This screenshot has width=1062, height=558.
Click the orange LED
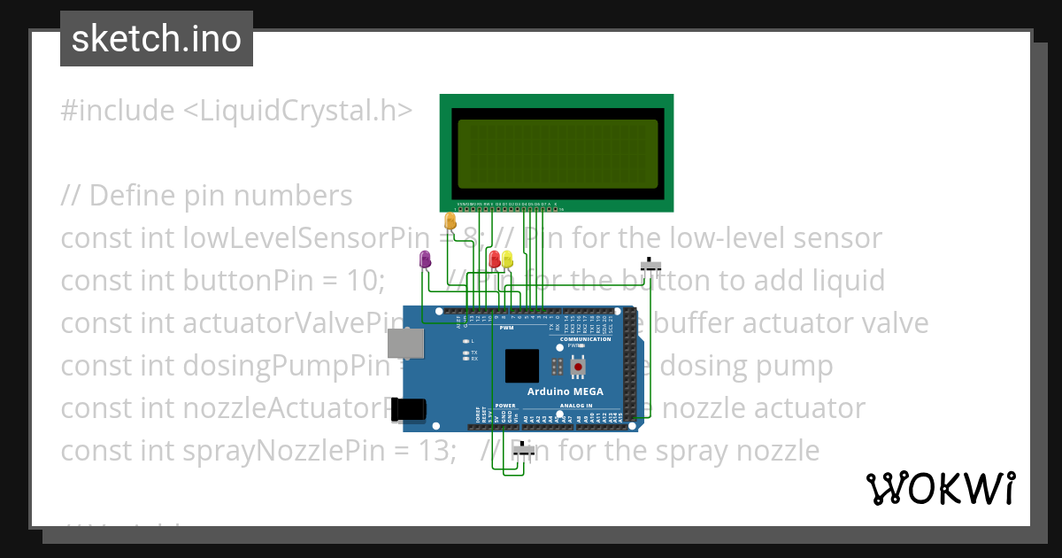(450, 221)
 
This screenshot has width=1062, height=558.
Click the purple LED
(425, 259)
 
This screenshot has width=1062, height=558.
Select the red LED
(495, 259)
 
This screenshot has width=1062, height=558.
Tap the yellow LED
(507, 259)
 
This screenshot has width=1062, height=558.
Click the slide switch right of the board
(651, 265)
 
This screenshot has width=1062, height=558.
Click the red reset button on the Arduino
(578, 366)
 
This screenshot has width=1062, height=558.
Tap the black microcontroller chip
(521, 366)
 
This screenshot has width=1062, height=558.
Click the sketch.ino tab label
(157, 39)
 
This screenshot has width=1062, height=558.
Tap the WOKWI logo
(940, 488)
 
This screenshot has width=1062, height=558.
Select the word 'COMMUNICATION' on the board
(586, 339)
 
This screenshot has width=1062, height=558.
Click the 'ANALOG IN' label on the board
(601, 405)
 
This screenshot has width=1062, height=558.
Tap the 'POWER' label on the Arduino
(505, 405)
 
